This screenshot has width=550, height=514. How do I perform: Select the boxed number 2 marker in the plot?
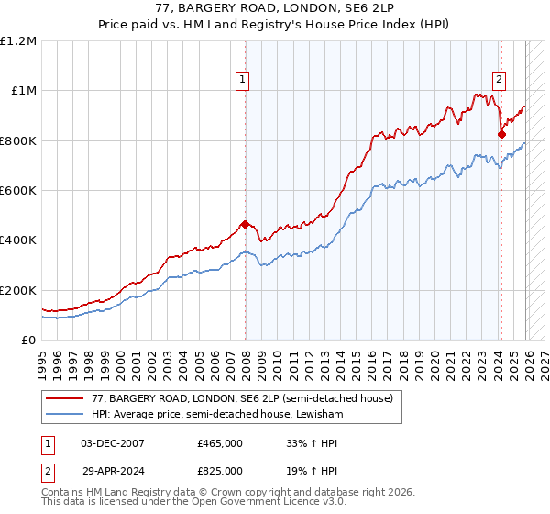(500, 80)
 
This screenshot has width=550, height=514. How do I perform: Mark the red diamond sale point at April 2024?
(501, 134)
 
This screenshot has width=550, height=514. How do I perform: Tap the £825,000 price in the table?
(220, 469)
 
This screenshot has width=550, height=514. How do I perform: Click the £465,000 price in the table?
(220, 442)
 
